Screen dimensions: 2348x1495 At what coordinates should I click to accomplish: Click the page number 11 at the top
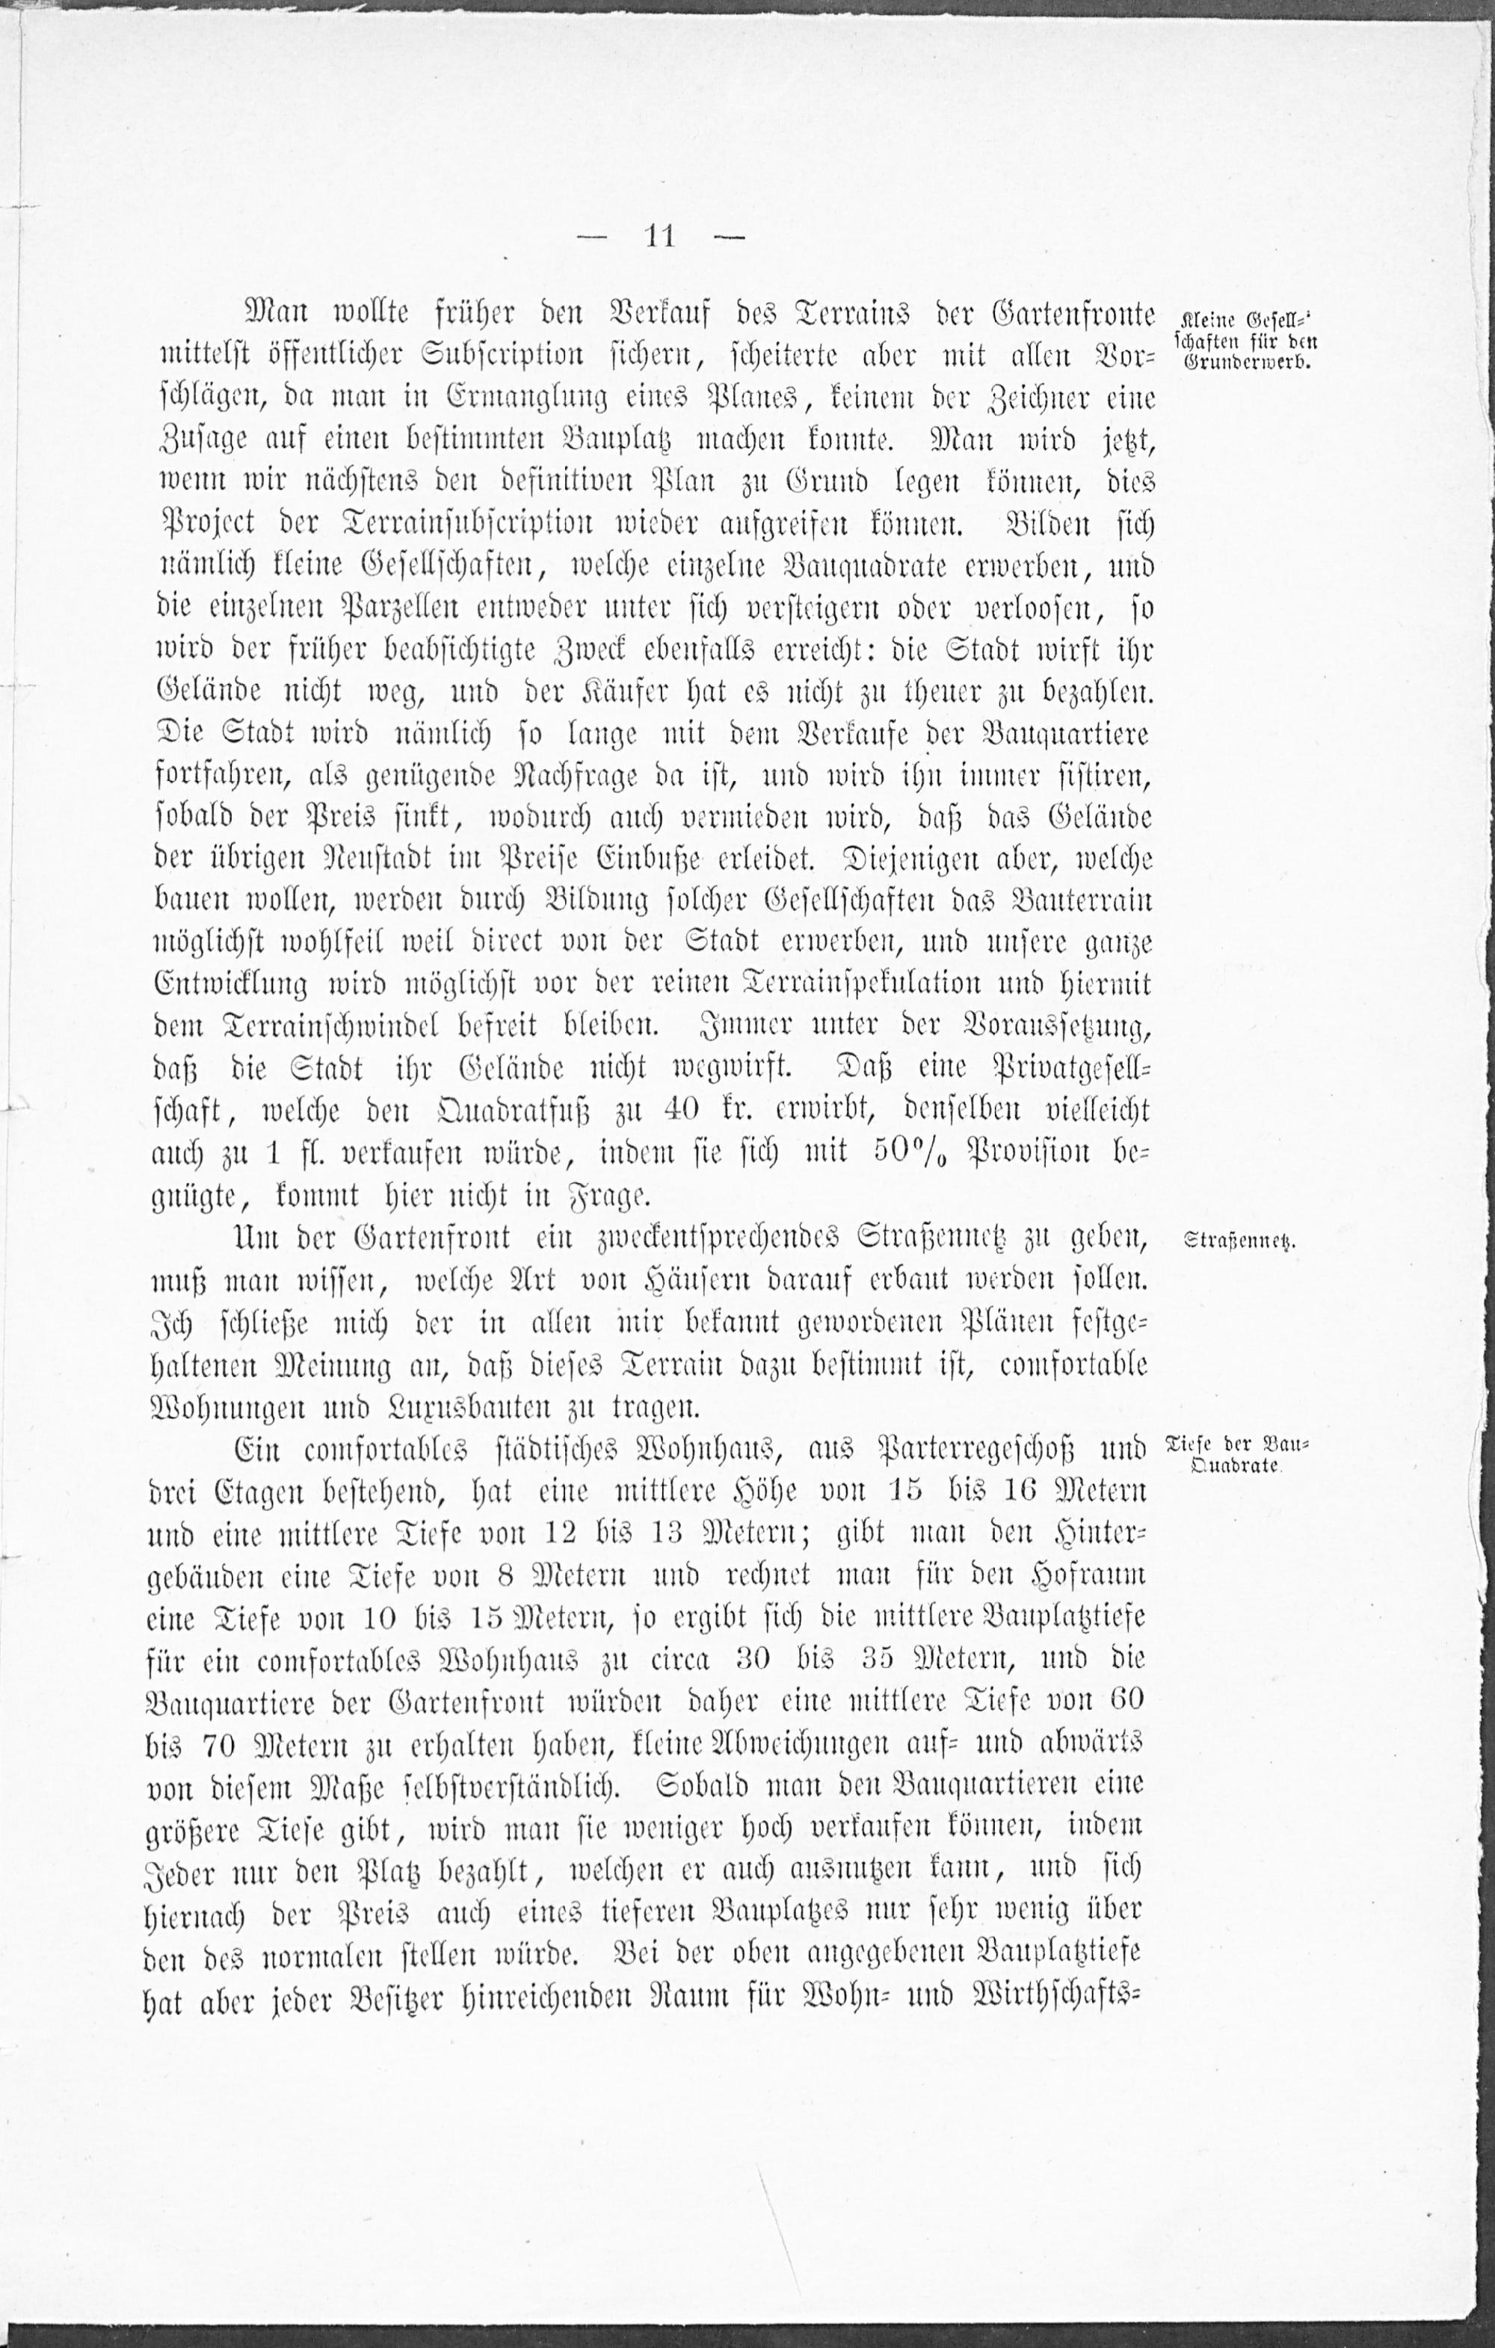click(659, 237)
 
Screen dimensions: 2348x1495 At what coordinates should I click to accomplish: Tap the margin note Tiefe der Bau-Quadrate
click(1239, 1455)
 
